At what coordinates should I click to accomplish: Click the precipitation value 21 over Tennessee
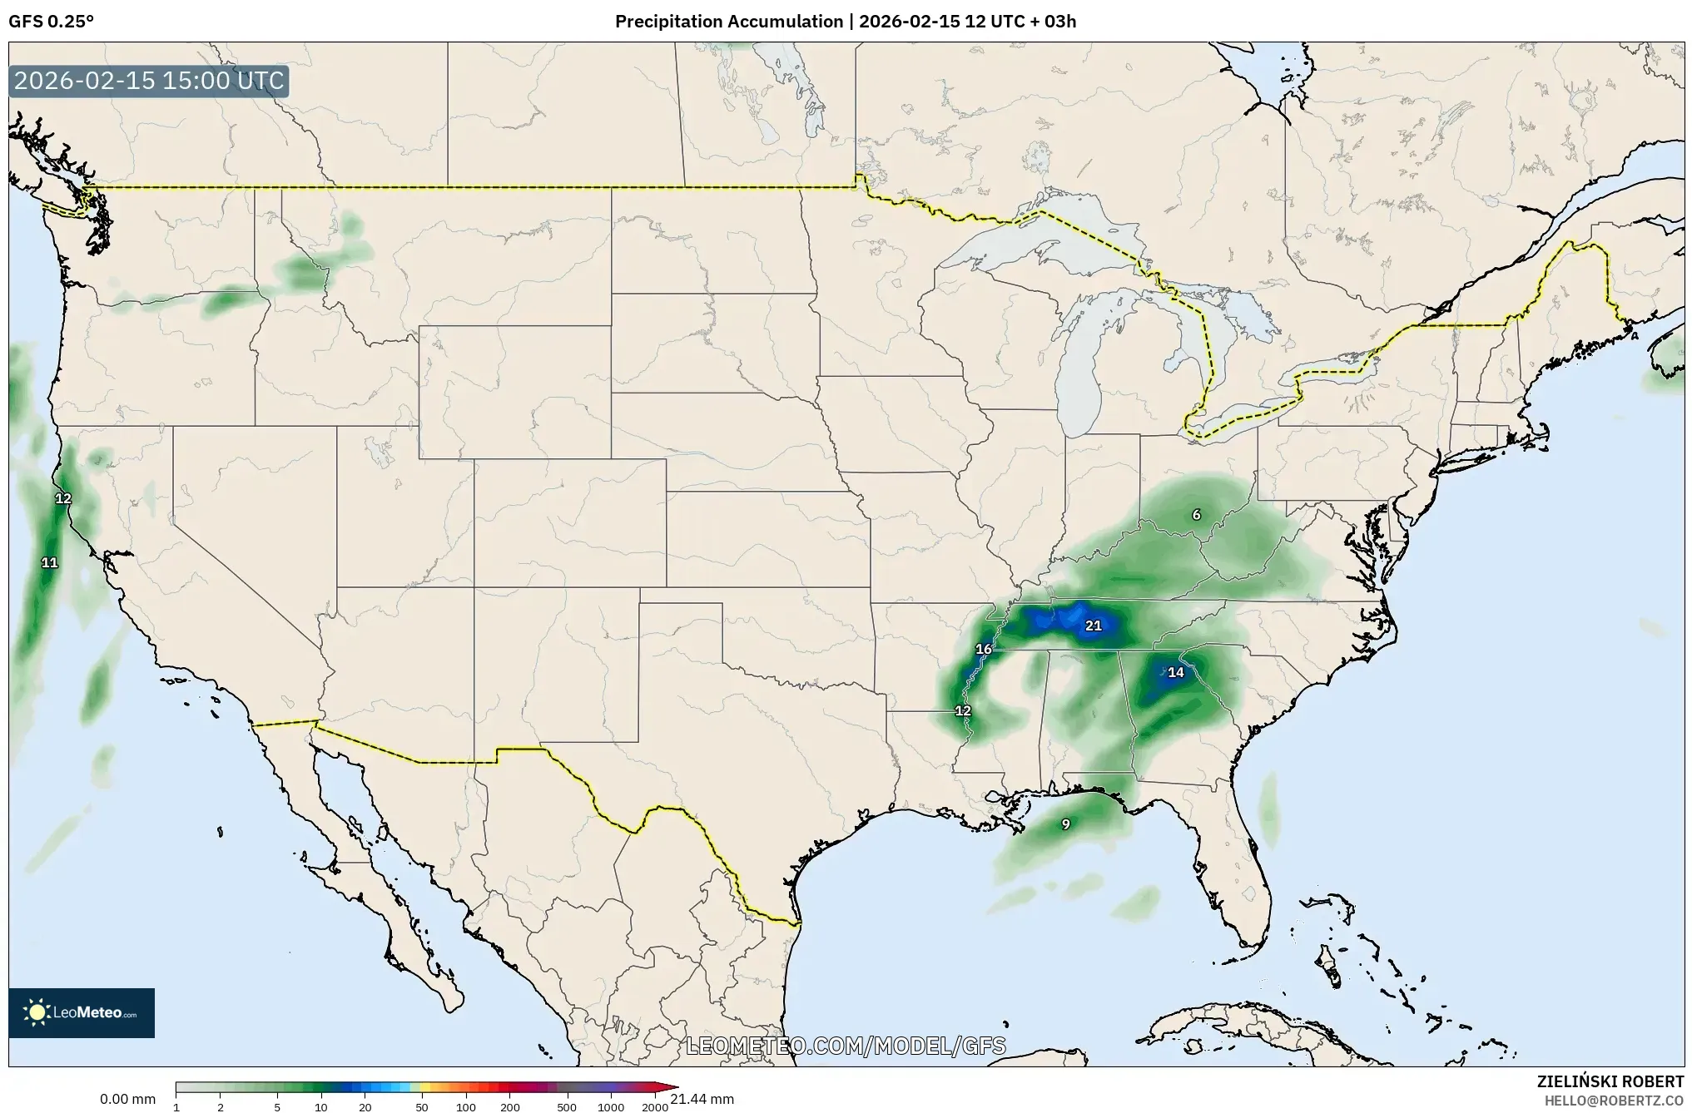pos(1093,626)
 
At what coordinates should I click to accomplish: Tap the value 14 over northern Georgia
pos(1175,672)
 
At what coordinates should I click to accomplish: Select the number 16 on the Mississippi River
pos(984,649)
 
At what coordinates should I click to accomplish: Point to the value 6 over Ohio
pos(1196,514)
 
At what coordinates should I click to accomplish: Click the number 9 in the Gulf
pos(1065,824)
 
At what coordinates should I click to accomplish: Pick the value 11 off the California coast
pos(50,562)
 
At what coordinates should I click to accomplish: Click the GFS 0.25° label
pos(51,22)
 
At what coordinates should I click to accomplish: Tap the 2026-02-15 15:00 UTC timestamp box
pos(149,81)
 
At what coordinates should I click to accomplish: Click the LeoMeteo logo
pos(82,1012)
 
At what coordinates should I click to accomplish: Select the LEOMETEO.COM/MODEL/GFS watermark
pos(846,1046)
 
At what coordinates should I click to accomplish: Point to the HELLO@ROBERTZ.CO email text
pos(1614,1101)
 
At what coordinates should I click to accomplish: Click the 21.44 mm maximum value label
pos(702,1099)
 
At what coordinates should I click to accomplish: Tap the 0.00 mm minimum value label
pos(127,1099)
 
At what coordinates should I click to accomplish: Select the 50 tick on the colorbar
pos(422,1107)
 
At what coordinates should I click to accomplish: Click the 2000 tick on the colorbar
pos(655,1107)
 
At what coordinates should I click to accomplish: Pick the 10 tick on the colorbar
pos(321,1107)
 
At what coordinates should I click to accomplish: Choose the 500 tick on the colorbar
pos(567,1107)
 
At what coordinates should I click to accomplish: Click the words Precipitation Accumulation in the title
pos(728,22)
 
